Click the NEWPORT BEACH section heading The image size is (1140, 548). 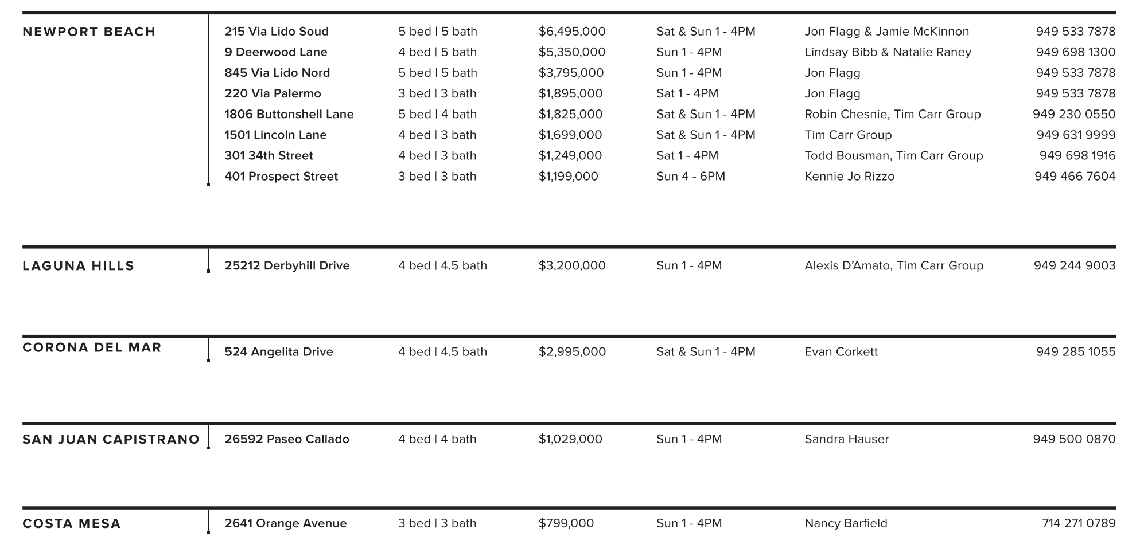(x=89, y=32)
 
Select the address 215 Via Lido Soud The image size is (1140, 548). (x=277, y=32)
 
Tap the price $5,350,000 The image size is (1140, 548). (x=571, y=52)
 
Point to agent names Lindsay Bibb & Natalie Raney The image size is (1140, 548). (x=888, y=52)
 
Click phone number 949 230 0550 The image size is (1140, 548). (x=1074, y=114)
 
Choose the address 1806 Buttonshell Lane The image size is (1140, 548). (x=289, y=114)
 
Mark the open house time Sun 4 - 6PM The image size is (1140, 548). (x=690, y=176)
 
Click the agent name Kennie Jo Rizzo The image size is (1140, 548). (x=849, y=176)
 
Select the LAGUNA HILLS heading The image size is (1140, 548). (x=78, y=266)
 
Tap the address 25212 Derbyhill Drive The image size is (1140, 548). (x=287, y=265)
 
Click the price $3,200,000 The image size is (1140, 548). (x=571, y=265)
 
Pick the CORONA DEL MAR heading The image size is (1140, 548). (x=92, y=347)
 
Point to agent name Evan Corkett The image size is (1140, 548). (x=841, y=351)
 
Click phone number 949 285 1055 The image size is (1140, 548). (x=1076, y=351)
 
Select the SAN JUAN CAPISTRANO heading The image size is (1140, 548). (x=111, y=440)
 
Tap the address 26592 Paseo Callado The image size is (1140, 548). (x=286, y=439)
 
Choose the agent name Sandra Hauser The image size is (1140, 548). (x=846, y=439)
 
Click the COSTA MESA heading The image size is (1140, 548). (x=72, y=524)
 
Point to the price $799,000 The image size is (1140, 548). (x=566, y=523)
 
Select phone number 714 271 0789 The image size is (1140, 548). (x=1079, y=523)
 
